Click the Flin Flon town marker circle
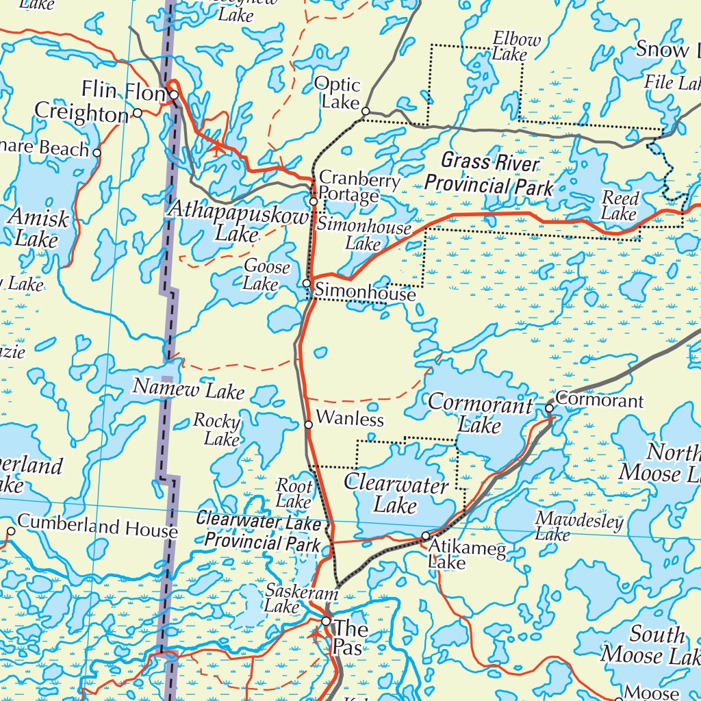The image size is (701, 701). point(175,95)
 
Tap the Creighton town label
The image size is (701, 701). point(81,112)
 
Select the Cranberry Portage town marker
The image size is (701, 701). point(314,202)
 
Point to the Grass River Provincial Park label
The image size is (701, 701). point(489,174)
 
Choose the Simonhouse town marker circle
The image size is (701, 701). point(307,283)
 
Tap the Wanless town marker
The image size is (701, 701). point(309,425)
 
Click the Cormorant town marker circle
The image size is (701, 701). point(549,408)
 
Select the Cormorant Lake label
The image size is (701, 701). point(480,415)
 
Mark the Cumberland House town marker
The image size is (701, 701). point(11,531)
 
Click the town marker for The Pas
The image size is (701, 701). point(327,622)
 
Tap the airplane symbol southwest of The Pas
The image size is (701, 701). point(316,635)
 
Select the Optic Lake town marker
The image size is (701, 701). point(366,111)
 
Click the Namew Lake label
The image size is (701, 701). point(188,390)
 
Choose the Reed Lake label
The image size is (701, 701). point(620,206)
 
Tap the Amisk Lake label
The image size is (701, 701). point(38,229)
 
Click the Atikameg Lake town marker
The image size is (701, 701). point(425,536)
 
